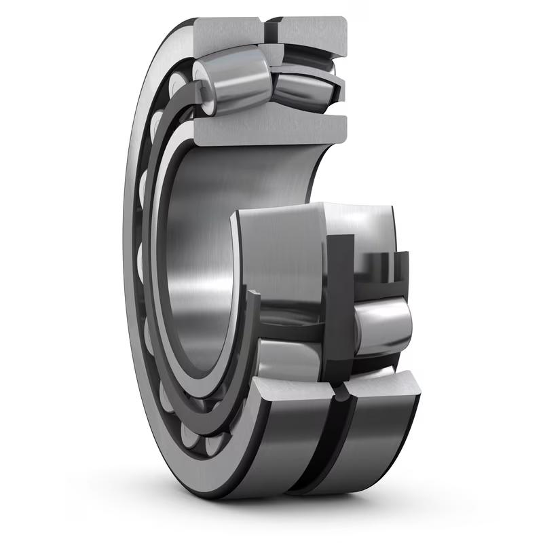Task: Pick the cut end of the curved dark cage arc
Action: pos(252,297)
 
